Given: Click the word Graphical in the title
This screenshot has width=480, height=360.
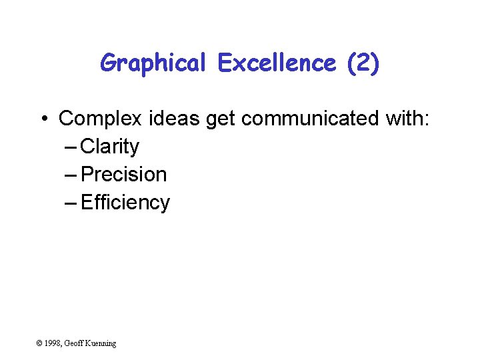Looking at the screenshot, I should click(x=154, y=64).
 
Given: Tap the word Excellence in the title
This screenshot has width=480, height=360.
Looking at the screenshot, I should click(x=277, y=63).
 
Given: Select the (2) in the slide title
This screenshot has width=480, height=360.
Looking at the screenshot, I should click(x=363, y=63).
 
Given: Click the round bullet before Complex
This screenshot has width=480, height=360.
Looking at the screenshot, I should click(x=43, y=119).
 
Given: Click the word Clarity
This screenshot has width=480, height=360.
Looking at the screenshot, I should click(x=109, y=147).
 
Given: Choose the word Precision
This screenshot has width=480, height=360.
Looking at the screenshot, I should click(x=123, y=175).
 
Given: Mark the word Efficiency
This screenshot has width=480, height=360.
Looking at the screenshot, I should click(x=125, y=203).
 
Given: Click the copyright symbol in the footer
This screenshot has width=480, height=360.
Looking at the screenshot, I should click(x=39, y=343).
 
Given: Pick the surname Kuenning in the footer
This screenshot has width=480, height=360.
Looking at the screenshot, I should click(x=101, y=343).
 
